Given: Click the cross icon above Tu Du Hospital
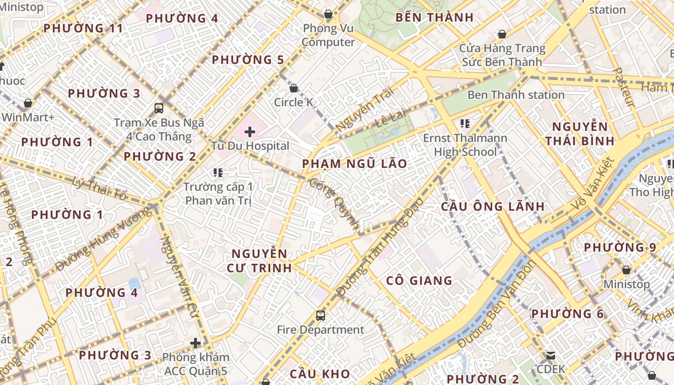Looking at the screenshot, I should pyautogui.click(x=250, y=131).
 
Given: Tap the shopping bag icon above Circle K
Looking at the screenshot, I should pyautogui.click(x=294, y=88).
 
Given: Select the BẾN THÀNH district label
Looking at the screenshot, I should pyautogui.click(x=434, y=18).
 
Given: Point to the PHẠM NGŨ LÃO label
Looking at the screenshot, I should pyautogui.click(x=354, y=164).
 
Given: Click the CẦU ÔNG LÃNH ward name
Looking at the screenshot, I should pyautogui.click(x=493, y=207).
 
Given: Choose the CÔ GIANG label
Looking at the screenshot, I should pyautogui.click(x=419, y=281).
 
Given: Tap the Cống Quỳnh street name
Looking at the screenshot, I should pyautogui.click(x=335, y=204).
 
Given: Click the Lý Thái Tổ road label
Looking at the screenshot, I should pyautogui.click(x=100, y=188).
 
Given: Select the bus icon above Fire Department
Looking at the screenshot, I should pyautogui.click(x=321, y=316).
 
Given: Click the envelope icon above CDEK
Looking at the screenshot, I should pyautogui.click(x=550, y=356).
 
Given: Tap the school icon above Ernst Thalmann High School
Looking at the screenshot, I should pyautogui.click(x=465, y=124).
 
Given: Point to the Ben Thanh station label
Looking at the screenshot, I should pyautogui.click(x=516, y=95).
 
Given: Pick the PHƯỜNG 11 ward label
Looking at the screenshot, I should pyautogui.click(x=83, y=28).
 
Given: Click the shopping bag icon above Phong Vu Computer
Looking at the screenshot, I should pyautogui.click(x=328, y=14).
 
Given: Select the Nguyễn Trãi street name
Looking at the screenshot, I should pyautogui.click(x=364, y=109).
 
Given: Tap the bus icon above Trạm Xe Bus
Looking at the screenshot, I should pyautogui.click(x=159, y=108).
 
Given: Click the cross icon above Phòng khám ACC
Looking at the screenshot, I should pyautogui.click(x=195, y=343).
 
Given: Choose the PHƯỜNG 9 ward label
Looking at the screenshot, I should pyautogui.click(x=620, y=248).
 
